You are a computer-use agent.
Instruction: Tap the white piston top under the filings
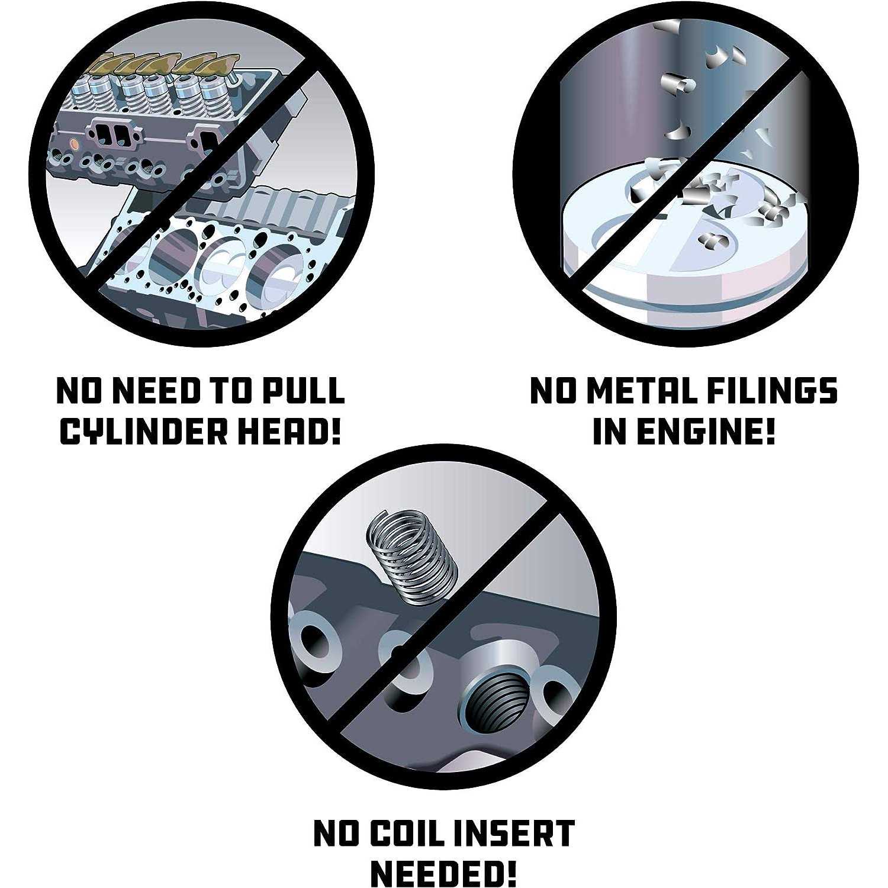681,249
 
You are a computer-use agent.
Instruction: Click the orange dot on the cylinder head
74,144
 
